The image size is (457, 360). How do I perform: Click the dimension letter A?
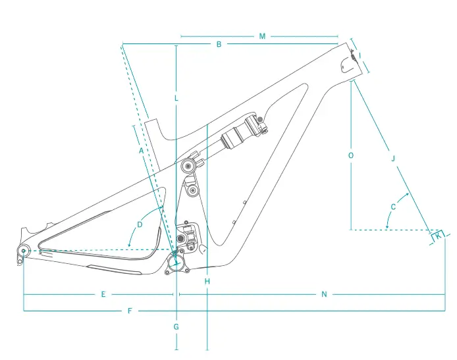click(141, 151)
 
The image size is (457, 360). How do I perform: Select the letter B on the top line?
click(219, 44)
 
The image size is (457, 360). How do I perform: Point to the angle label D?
click(140, 224)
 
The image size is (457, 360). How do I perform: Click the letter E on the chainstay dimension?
click(103, 294)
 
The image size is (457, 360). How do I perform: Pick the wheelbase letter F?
click(130, 310)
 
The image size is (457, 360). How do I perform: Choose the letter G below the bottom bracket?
click(176, 326)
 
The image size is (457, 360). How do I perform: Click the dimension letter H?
click(207, 282)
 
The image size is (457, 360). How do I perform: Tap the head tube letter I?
click(360, 55)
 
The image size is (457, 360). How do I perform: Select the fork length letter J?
click(392, 159)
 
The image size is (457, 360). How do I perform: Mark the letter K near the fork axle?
click(438, 235)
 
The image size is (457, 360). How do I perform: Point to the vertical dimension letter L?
click(176, 98)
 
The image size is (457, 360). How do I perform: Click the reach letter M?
click(262, 36)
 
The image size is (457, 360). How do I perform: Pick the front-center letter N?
click(324, 294)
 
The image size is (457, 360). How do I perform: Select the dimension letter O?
click(350, 155)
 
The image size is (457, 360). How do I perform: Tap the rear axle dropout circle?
click(23, 250)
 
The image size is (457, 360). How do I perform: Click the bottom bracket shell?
click(176, 262)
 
